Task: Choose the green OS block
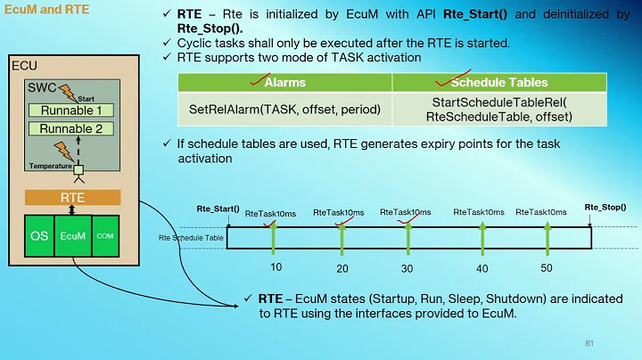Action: coord(39,236)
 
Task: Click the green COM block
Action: coord(104,236)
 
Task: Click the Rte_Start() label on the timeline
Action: coord(218,209)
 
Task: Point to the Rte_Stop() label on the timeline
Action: coord(605,208)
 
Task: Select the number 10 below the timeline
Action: coord(276,267)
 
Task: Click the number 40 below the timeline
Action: coord(482,268)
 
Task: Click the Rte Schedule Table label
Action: coord(191,238)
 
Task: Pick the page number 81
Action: coord(589,343)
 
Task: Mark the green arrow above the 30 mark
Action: coord(408,236)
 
